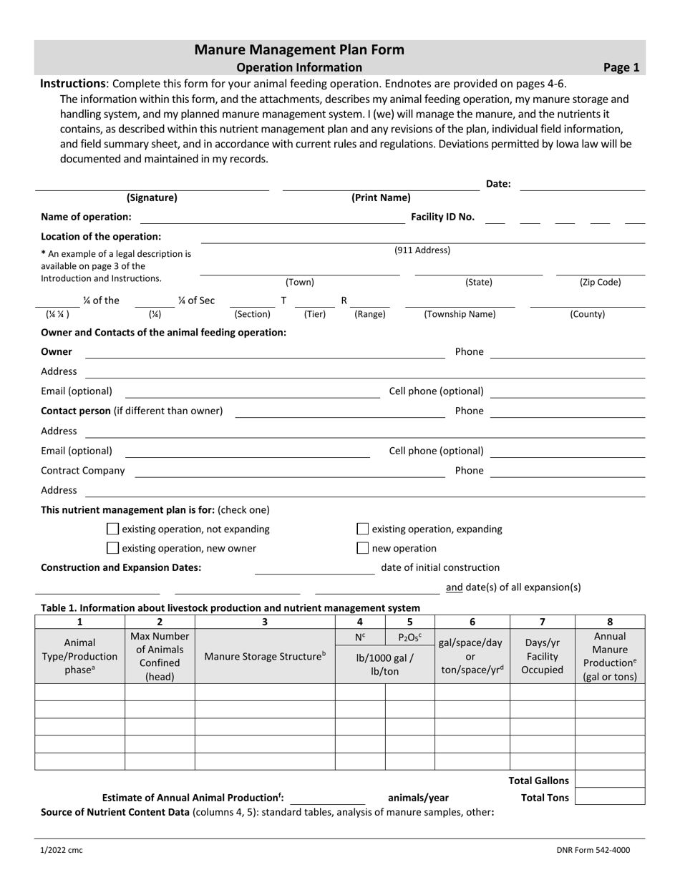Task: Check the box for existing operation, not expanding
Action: tap(112, 529)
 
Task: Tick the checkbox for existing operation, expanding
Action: tap(362, 529)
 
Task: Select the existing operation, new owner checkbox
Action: tap(112, 549)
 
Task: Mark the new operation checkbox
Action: tap(362, 549)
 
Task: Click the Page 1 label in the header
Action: tap(621, 68)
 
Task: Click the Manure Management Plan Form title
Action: tap(299, 49)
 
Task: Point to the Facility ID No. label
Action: tap(442, 217)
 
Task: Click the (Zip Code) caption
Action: tap(600, 283)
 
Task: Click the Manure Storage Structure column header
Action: tap(265, 656)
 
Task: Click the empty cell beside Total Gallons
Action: tap(609, 780)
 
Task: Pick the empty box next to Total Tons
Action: tap(609, 797)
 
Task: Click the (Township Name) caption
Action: tap(460, 314)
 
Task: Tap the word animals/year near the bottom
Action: tap(418, 798)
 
